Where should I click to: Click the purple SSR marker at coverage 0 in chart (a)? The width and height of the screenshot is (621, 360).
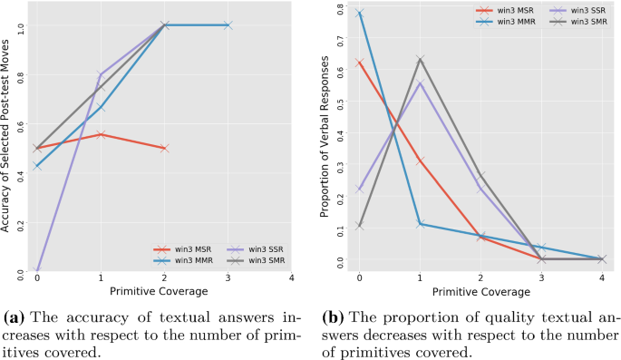[37, 271]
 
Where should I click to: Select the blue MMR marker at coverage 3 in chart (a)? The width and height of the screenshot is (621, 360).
[228, 25]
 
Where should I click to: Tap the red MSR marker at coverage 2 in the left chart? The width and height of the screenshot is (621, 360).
[164, 148]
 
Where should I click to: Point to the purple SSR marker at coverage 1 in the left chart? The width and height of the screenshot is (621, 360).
[101, 74]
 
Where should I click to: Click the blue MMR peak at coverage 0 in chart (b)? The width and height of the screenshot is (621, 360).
[360, 13]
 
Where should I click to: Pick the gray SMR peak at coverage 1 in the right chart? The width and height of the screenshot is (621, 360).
[421, 60]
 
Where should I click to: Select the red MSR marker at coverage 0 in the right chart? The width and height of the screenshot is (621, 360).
[360, 63]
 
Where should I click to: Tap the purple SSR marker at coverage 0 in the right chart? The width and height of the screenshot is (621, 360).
[360, 190]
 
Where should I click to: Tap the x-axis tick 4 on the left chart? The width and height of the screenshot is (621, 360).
[291, 279]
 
